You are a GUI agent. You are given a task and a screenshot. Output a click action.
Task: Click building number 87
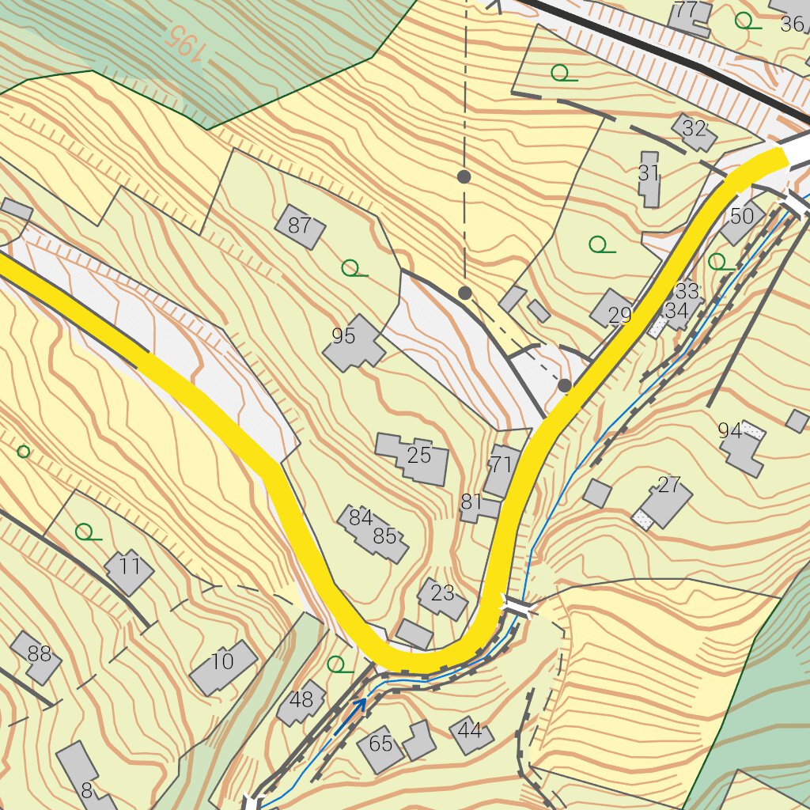(x=300, y=226)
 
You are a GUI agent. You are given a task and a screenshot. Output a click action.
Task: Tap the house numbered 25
(x=414, y=458)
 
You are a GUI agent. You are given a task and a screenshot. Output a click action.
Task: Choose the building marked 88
(x=36, y=657)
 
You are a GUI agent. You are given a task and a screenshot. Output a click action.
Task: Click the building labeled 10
(x=224, y=665)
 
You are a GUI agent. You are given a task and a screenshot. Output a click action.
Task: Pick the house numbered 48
(x=301, y=702)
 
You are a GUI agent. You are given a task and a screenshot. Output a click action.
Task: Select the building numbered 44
(x=471, y=733)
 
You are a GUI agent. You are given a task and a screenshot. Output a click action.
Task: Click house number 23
(x=442, y=596)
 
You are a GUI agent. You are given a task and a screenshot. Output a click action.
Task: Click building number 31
(x=649, y=178)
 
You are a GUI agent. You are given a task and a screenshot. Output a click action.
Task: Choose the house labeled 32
(x=694, y=131)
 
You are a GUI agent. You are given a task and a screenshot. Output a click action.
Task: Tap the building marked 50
(x=742, y=219)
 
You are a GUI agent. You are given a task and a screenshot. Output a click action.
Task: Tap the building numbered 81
(x=473, y=505)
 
